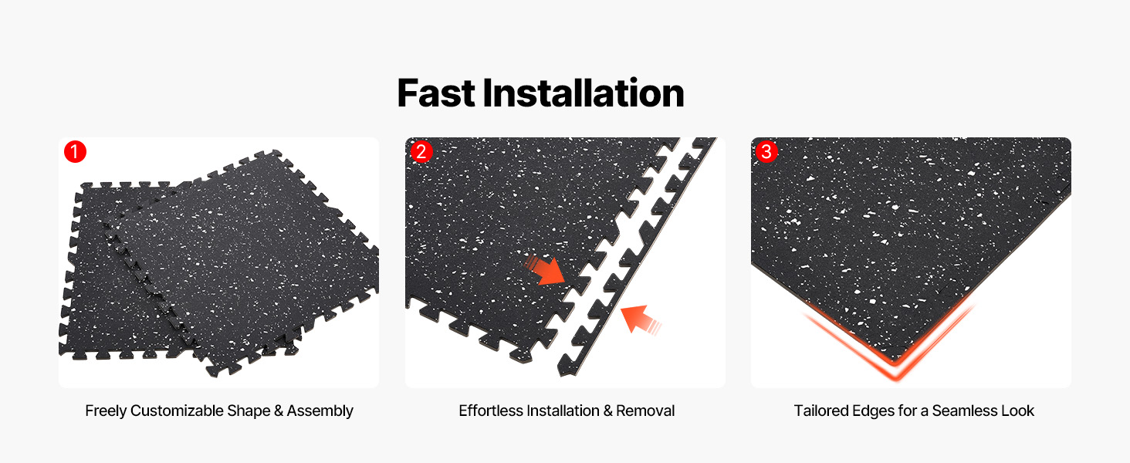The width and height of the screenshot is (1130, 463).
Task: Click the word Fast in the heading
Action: [x=436, y=93]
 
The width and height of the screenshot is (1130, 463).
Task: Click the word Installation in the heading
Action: [x=584, y=93]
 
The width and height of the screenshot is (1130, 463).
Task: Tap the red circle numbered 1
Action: [x=75, y=152]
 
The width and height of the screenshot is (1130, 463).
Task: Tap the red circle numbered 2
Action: [x=421, y=151]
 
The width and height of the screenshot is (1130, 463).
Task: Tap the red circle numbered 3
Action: [x=766, y=151]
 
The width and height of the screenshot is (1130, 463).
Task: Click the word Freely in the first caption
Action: [x=106, y=411]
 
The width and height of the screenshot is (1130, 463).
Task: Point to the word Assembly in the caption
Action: [x=320, y=411]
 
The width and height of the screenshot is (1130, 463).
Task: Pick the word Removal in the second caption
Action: [x=645, y=411]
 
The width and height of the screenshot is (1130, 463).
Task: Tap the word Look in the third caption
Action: [x=1018, y=411]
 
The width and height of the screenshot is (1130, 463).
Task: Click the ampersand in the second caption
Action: [x=607, y=411]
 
